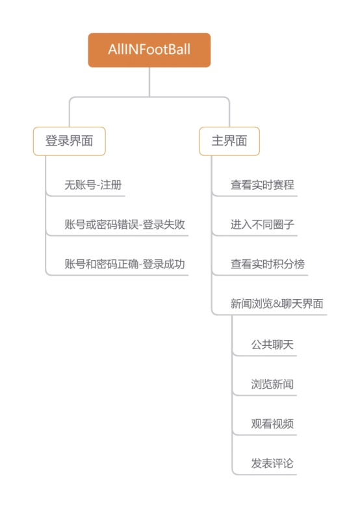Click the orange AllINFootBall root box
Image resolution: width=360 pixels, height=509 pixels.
coord(149,50)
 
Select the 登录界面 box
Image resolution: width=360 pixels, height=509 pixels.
coord(69,141)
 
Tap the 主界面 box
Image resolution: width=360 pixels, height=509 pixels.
coord(229,141)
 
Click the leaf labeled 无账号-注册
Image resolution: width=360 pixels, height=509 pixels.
coord(93,185)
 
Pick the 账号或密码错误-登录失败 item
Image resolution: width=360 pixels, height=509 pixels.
coord(125,224)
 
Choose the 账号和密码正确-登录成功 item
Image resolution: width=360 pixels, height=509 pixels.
coord(125,264)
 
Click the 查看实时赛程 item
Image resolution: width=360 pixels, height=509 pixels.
coord(263,185)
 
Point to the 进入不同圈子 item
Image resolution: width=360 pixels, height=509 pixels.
coord(263,224)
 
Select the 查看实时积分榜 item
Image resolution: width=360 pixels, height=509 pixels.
coord(268,264)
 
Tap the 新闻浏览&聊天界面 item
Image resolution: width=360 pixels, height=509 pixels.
coord(277,304)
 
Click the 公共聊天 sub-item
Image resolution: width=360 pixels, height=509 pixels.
coord(272,345)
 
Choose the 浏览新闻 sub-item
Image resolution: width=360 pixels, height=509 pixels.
coord(272,384)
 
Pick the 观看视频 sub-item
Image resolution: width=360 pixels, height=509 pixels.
coord(272,424)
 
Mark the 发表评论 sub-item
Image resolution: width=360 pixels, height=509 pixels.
coord(272,463)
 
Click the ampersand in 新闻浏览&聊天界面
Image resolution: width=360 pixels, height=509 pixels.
coord(277,304)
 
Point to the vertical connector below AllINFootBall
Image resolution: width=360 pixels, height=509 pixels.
coord(149,82)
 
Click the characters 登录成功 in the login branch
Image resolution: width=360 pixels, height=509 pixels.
coord(164,264)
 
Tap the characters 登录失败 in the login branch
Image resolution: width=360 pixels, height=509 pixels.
coord(164,224)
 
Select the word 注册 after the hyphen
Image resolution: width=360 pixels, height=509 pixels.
coord(111,185)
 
